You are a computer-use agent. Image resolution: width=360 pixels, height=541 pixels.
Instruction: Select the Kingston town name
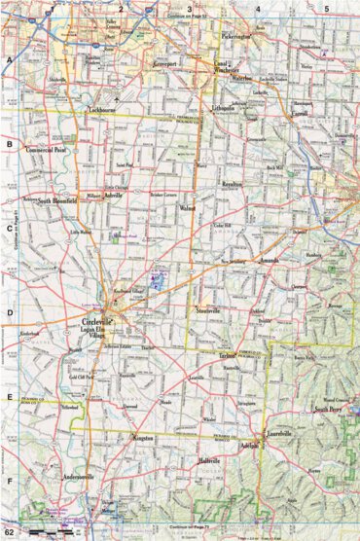pos(141,439)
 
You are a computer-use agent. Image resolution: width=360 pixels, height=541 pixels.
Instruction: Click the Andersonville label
pos(79,477)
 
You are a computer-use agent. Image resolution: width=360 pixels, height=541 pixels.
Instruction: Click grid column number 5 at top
pos(327,9)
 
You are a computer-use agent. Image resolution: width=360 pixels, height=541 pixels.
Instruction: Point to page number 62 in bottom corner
pos(10,532)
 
